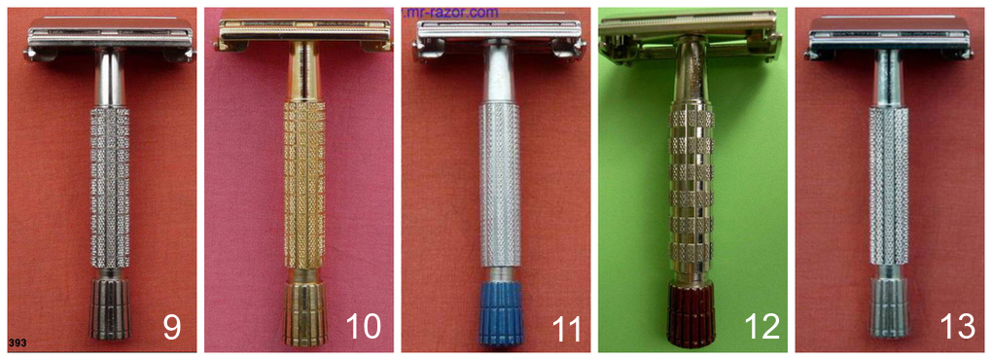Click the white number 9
pyautogui.click(x=172, y=327)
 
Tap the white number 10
pyautogui.click(x=364, y=327)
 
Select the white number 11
pyautogui.click(x=560, y=327)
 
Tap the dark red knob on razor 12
pyautogui.click(x=691, y=313)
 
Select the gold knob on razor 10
pyautogui.click(x=304, y=315)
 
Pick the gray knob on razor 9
pyautogui.click(x=110, y=310)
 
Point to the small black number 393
pyautogui.click(x=18, y=343)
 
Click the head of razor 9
pyautogui.click(x=110, y=37)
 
